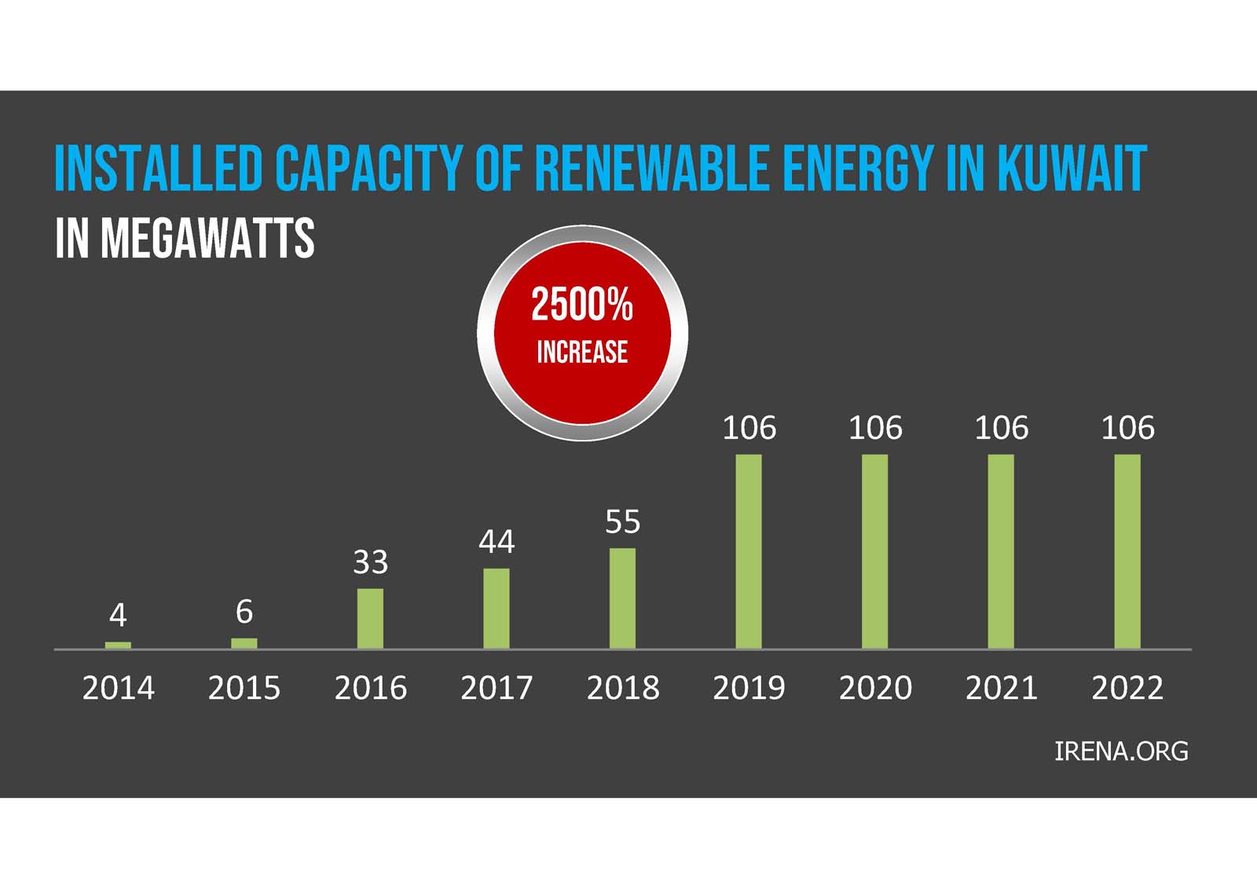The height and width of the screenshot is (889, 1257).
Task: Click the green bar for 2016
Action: [x=370, y=618]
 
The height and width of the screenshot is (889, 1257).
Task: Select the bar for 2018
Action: [x=622, y=598]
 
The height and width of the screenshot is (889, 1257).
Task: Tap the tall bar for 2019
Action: [x=749, y=551]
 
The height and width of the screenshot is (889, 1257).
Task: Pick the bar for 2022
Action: [x=1127, y=551]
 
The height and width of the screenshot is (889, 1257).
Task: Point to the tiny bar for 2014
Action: [x=118, y=645]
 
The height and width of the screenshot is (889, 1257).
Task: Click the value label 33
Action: [x=370, y=562]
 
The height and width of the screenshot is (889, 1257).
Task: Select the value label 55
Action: [x=622, y=522]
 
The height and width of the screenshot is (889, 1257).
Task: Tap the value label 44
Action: [x=497, y=542]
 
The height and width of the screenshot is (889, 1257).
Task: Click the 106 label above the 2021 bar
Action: [x=1001, y=428]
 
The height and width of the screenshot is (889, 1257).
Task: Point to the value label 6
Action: [x=244, y=611]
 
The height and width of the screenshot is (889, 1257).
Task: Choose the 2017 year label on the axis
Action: [x=497, y=688]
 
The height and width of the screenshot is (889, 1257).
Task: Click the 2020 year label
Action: [x=875, y=688]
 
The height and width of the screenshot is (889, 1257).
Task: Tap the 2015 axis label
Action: [x=244, y=688]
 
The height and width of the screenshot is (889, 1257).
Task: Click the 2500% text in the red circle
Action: [x=582, y=305]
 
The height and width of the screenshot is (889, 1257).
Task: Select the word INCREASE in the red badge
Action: [x=582, y=352]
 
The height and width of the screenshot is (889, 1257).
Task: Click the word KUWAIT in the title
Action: [x=1072, y=168]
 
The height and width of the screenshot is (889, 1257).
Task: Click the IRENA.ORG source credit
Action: [x=1121, y=752]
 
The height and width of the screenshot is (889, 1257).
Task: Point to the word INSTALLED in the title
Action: [x=158, y=168]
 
